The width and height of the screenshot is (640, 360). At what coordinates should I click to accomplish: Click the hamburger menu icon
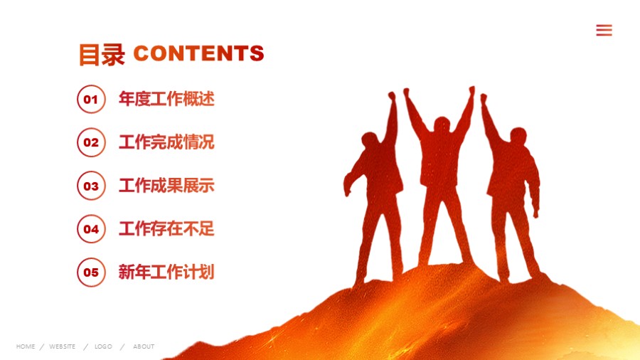click(x=604, y=30)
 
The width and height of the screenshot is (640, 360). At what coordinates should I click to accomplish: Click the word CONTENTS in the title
click(x=198, y=53)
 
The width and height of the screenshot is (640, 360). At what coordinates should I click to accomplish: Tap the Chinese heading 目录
click(x=102, y=55)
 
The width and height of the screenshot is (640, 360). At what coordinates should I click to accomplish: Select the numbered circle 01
click(x=91, y=99)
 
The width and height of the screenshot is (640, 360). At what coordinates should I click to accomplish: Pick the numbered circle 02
click(x=91, y=142)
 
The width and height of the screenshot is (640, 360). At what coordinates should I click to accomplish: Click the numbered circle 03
click(x=91, y=186)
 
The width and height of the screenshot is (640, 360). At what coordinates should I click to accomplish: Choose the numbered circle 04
click(x=91, y=229)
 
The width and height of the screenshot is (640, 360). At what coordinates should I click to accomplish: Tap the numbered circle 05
click(x=91, y=272)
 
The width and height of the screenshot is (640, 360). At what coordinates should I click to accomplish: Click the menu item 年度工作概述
click(x=166, y=99)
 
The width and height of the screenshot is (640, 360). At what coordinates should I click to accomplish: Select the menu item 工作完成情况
click(x=166, y=142)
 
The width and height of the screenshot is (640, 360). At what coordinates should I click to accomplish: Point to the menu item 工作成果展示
click(x=166, y=186)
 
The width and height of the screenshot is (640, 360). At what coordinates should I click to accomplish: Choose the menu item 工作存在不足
click(x=166, y=229)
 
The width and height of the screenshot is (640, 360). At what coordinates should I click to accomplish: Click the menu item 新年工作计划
click(x=166, y=272)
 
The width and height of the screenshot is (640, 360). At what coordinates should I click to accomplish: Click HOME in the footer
click(x=26, y=346)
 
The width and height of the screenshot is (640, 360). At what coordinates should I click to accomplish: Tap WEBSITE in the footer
click(x=63, y=346)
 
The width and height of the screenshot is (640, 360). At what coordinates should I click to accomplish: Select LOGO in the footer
click(x=103, y=346)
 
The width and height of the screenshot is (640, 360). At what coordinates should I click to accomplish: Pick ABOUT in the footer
click(x=144, y=346)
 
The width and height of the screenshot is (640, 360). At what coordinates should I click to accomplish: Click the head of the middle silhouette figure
click(x=442, y=127)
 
